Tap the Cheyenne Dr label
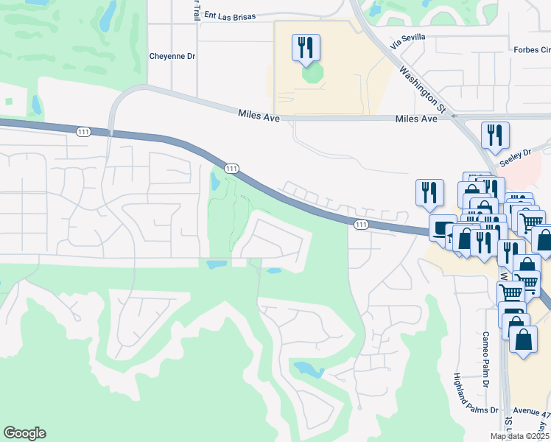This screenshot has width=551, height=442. point(172,55)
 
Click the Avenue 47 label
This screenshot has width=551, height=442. point(531,413)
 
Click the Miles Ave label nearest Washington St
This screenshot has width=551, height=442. point(416,119)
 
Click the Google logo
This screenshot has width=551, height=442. point(24,433)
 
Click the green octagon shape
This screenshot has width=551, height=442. point(312,74)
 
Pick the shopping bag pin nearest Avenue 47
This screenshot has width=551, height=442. point(523,340)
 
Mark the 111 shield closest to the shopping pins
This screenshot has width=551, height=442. point(360,224)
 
